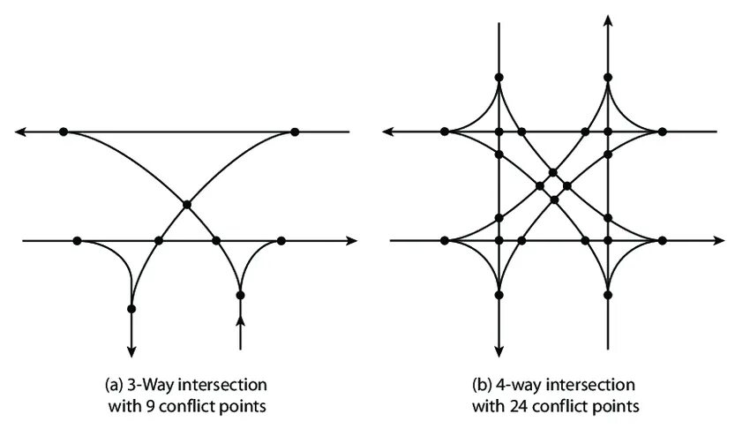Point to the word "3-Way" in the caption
tap(150, 386)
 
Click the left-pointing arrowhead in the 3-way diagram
tap(21, 132)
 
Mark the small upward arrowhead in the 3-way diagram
tap(240, 320)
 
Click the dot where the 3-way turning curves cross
tap(186, 205)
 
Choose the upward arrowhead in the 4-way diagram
tap(608, 19)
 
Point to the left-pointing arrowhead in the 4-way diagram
tap(389, 132)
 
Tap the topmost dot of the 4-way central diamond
tap(553, 171)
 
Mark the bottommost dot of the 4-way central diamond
tap(553, 199)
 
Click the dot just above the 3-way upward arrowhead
tap(240, 295)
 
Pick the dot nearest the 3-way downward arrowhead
tap(131, 309)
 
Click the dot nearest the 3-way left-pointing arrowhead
tap(64, 132)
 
